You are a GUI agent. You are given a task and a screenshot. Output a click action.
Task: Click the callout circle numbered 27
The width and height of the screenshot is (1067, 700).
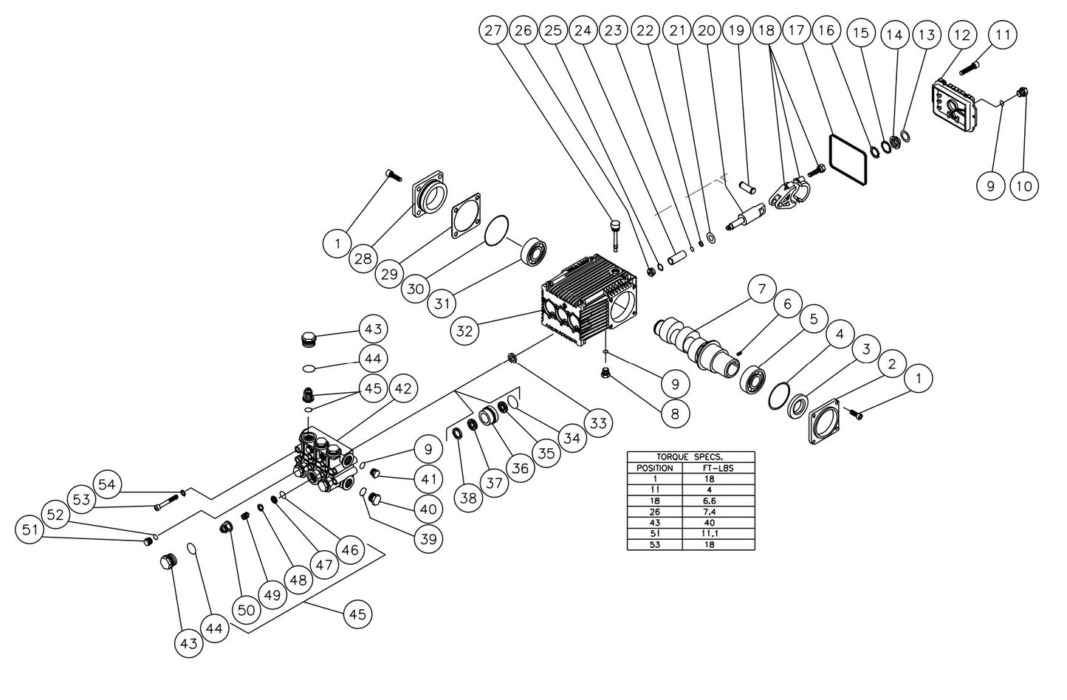click(493, 32)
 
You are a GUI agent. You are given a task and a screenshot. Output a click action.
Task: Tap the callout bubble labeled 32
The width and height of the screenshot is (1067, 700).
click(464, 331)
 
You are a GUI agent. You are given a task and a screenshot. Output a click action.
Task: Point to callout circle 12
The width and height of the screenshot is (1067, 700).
click(961, 35)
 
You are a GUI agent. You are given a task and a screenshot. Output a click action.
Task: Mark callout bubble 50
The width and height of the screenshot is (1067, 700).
click(246, 610)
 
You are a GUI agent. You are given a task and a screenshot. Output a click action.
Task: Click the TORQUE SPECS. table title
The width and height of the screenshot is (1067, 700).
click(690, 457)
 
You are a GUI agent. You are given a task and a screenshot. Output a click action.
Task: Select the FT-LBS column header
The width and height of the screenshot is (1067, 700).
click(718, 467)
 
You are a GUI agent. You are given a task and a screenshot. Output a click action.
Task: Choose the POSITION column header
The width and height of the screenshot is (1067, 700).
click(654, 467)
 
